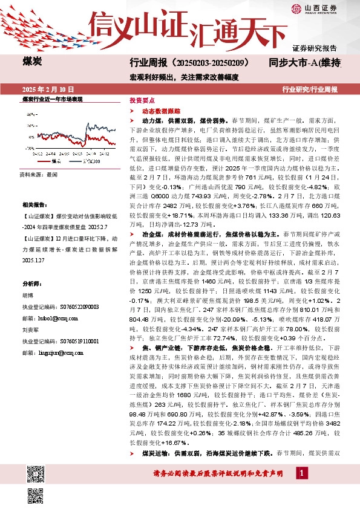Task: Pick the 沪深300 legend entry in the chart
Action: click(90, 161)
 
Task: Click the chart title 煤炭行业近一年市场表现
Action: click(53, 99)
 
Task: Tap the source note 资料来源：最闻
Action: click(39, 174)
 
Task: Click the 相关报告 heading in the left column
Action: click(32, 204)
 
